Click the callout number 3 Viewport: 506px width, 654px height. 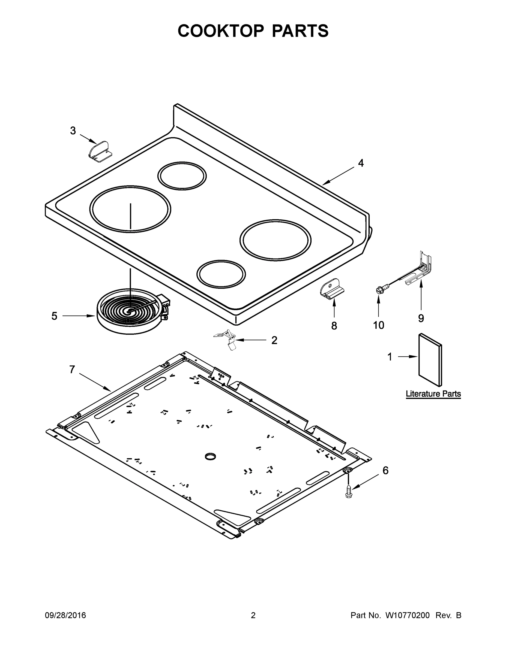pos(73,131)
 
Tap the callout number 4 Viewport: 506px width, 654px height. pos(361,163)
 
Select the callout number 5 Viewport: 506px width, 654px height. pos(54,316)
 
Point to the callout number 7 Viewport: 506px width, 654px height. pos(72,370)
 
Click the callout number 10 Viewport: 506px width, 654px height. pos(379,325)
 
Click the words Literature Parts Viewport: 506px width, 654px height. pos(433,394)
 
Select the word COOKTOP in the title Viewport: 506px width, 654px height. pos(221,31)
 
